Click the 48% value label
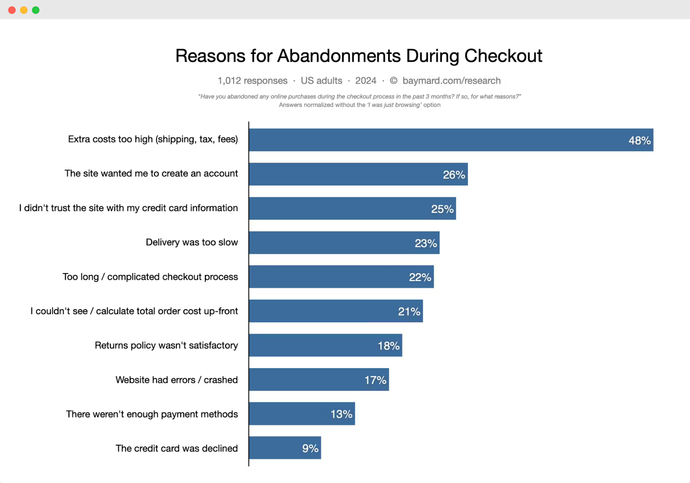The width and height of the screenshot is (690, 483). tap(639, 141)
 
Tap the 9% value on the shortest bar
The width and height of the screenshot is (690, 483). tap(310, 448)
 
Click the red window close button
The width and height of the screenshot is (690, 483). tap(12, 10)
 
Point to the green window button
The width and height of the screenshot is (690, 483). tap(36, 10)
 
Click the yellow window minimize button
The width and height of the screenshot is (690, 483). tap(24, 10)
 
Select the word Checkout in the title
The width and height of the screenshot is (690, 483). tap(503, 56)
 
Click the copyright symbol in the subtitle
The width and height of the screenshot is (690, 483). tap(393, 81)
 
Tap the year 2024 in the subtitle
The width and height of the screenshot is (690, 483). tap(366, 81)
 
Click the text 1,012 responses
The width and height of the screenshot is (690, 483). tap(252, 81)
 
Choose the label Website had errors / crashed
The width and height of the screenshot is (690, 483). tap(176, 380)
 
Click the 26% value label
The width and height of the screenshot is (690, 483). tap(454, 175)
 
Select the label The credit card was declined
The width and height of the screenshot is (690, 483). tap(176, 448)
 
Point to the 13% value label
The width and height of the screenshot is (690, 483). tap(341, 414)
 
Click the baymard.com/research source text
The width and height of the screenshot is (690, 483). tap(451, 81)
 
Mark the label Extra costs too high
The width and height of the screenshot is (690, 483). tap(153, 139)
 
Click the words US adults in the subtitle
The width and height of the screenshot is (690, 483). tap(321, 81)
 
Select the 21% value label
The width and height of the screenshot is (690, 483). tap(409, 311)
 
